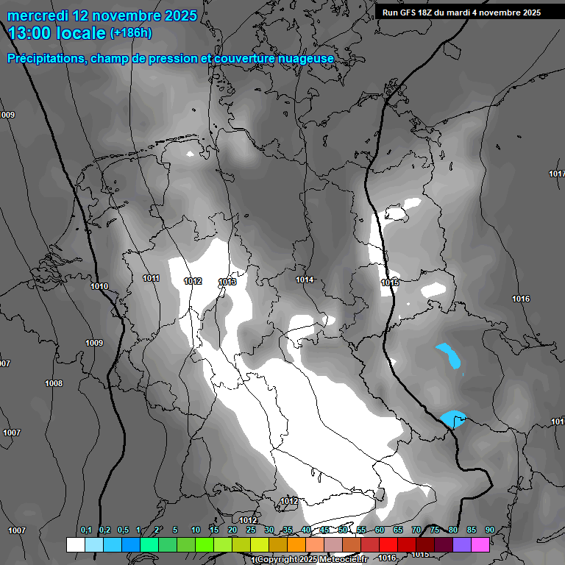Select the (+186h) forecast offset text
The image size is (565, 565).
(131, 33)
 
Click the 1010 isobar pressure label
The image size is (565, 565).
(99, 286)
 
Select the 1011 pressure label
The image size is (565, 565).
(152, 278)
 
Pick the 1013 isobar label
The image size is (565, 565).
(227, 282)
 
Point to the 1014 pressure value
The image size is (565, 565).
(305, 280)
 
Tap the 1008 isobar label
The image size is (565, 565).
(54, 383)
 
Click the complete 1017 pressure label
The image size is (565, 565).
(557, 174)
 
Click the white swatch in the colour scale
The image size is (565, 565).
(75, 544)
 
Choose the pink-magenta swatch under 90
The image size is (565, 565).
(480, 544)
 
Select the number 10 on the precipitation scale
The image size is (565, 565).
(196, 530)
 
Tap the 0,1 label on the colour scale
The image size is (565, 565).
(86, 530)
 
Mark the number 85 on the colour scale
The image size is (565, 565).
(471, 530)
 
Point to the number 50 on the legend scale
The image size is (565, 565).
(343, 530)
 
